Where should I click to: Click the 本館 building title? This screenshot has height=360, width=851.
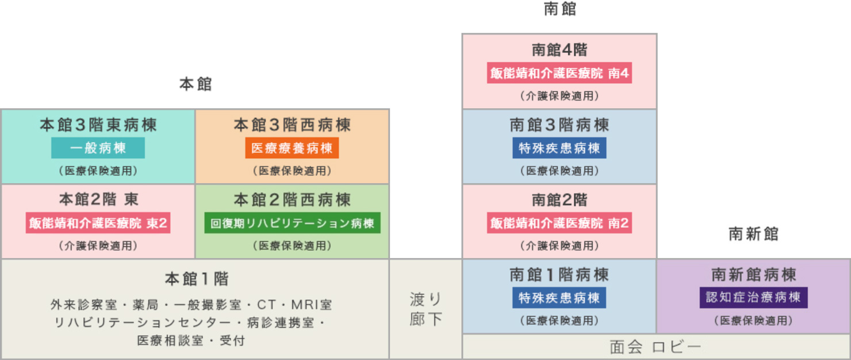coord(195,85)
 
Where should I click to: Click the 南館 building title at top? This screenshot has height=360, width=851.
coord(559,10)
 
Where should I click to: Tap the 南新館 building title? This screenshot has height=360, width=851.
coord(753,234)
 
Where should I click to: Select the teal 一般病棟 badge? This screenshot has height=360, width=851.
coord(98,148)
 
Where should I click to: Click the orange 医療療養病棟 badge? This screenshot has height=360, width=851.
coord(292,148)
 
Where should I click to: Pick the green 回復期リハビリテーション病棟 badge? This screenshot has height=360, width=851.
coord(292,223)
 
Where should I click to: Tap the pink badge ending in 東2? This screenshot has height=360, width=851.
coord(98,223)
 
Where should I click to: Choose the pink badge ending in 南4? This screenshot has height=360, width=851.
coord(559,74)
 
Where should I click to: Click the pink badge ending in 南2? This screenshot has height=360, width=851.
coord(559,223)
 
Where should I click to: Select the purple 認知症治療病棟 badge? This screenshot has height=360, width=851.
coord(753,298)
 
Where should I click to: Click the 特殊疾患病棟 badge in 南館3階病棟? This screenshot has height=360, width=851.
coord(559,148)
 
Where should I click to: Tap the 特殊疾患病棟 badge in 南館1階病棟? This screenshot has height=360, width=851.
coord(559,298)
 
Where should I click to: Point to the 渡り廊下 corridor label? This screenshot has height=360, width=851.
coord(426,309)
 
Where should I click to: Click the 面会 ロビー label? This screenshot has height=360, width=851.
coord(655,347)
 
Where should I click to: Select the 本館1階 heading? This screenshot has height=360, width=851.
coord(195,279)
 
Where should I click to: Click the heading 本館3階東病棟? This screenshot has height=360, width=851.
coord(98,125)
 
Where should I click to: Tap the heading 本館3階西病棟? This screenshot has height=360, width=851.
coord(292,125)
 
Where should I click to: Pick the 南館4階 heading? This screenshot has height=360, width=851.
coord(559,50)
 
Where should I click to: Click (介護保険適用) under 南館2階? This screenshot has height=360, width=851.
coord(559,246)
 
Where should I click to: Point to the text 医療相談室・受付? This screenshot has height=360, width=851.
coord(191,340)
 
